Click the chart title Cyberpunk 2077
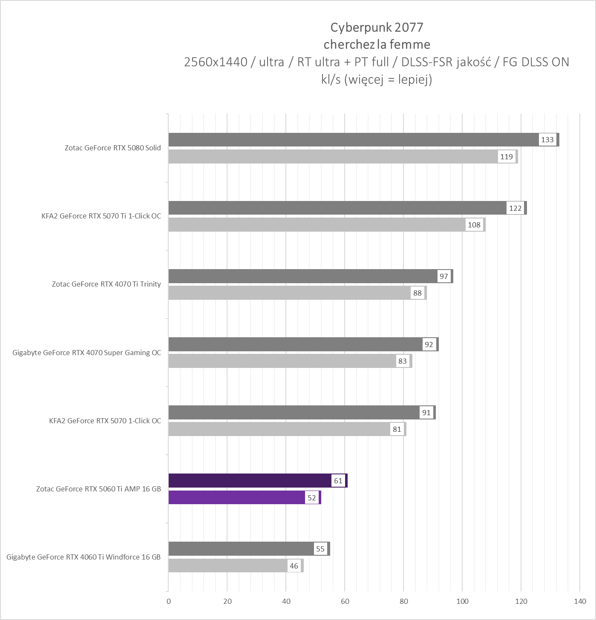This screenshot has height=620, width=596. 377,27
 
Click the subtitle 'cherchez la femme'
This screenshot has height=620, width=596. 377,44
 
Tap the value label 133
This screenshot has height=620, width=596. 547,140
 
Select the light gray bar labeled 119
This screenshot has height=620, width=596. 332,157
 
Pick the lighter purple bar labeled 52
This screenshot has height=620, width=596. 236,497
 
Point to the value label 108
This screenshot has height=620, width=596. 474,225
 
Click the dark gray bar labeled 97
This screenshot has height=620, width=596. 302,276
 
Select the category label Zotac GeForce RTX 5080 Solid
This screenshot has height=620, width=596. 113,148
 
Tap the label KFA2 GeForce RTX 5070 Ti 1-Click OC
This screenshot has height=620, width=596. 101,216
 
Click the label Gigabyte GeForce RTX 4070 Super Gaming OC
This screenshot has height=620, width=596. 87,353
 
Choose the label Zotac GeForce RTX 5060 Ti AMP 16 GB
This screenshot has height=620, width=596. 98,489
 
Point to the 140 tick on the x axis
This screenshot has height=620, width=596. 580,601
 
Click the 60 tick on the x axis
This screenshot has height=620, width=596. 345,601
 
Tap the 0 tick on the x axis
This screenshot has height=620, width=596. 169,601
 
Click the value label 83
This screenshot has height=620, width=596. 403,361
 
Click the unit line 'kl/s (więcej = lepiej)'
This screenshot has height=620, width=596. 377,80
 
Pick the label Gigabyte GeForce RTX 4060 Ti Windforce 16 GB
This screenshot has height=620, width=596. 83,557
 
